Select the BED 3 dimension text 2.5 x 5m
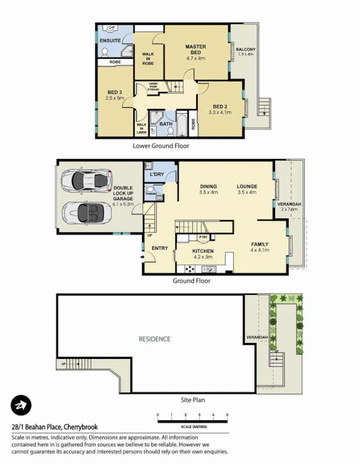point(115,98)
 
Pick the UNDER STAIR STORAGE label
point(153,87)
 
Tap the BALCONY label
point(247,50)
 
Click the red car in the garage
point(87,180)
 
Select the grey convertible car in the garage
point(85,212)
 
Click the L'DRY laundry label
point(156,175)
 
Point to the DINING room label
point(208,186)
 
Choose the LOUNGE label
point(247,186)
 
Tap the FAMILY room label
point(260,244)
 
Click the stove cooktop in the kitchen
point(189,269)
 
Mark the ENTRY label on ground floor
point(160,248)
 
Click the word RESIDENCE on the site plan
point(154,338)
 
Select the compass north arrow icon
point(21,405)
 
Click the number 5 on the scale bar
point(227,414)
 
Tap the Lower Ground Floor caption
point(161,146)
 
